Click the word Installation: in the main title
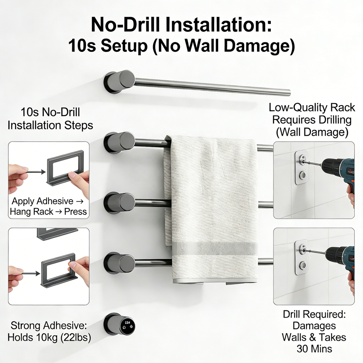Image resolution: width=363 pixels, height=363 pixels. click(x=218, y=25)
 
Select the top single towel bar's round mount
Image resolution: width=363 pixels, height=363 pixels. click(x=119, y=82)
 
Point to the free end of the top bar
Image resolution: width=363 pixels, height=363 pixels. click(x=289, y=92)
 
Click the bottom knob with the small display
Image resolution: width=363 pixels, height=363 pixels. click(x=119, y=324)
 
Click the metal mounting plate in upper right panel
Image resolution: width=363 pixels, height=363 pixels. click(x=301, y=168)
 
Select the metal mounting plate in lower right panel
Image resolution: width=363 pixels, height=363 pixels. click(x=301, y=257)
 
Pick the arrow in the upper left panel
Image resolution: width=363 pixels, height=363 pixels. click(x=36, y=172)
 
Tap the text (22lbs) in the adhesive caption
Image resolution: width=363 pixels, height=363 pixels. click(x=76, y=338)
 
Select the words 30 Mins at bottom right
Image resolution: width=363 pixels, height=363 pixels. click(x=314, y=349)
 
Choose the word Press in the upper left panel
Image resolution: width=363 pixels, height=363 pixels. click(x=76, y=211)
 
